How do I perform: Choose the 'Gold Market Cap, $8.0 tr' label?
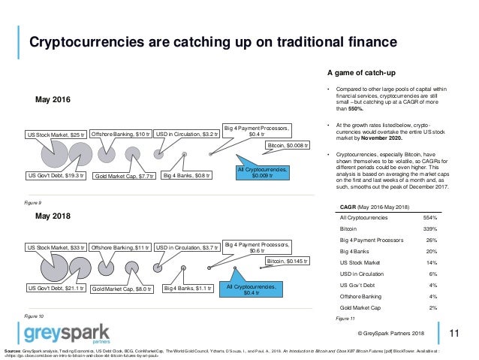(x=122, y=289)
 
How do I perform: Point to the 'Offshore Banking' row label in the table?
(x=361, y=296)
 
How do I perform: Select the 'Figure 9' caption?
(x=32, y=203)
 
